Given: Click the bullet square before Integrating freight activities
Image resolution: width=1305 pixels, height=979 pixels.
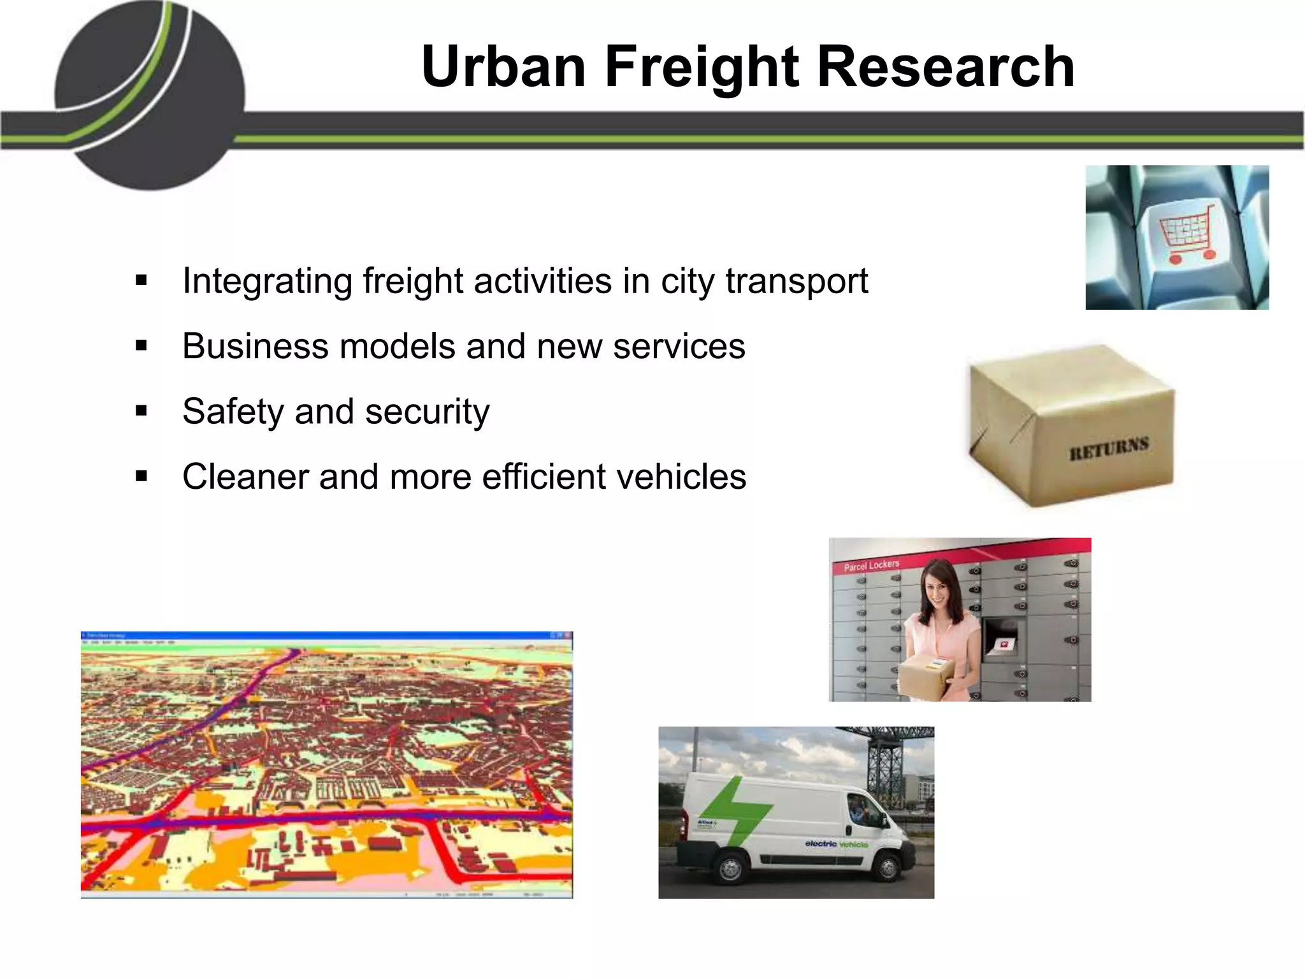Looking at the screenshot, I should click(x=141, y=280).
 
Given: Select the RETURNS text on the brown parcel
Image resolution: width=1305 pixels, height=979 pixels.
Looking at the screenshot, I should click(x=1109, y=447).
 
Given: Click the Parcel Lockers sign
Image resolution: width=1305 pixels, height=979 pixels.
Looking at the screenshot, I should click(x=871, y=565).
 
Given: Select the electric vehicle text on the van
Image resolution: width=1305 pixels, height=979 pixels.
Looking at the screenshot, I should click(x=836, y=844).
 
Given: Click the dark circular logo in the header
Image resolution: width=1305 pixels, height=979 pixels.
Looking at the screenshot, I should click(x=150, y=96).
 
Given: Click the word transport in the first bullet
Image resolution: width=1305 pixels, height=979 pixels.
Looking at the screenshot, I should click(x=797, y=280).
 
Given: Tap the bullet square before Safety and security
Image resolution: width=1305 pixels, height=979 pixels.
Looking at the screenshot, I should click(x=141, y=411).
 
